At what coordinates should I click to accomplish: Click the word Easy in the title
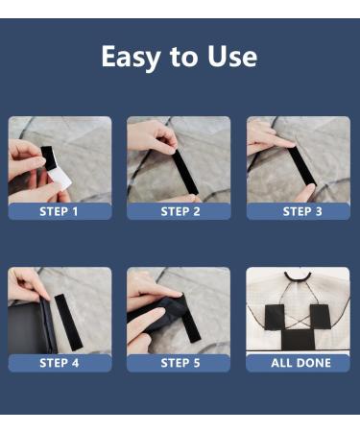(131, 57)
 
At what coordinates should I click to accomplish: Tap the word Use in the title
(232, 57)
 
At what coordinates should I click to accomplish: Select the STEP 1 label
(59, 211)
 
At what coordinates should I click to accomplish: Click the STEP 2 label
(180, 211)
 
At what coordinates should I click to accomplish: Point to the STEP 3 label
(302, 211)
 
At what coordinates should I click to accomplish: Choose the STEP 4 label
(60, 363)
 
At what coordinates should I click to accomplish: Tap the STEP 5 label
(180, 363)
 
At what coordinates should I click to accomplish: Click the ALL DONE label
(300, 363)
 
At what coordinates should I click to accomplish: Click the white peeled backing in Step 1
(60, 180)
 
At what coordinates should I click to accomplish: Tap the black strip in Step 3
(300, 166)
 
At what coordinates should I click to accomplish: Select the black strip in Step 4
(68, 322)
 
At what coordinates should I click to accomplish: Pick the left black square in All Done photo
(275, 317)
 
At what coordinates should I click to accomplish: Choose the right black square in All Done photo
(320, 317)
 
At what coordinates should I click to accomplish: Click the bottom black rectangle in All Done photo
(298, 340)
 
